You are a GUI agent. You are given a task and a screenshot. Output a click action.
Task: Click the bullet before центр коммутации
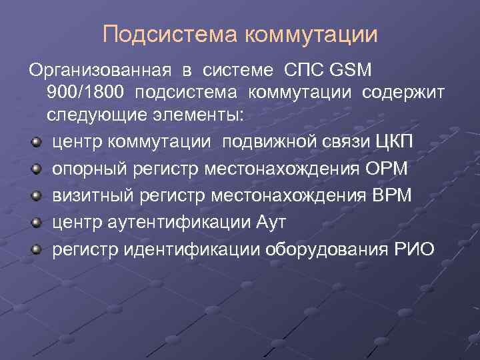tap(35, 142)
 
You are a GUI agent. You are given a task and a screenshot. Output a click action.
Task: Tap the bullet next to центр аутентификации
tap(35, 223)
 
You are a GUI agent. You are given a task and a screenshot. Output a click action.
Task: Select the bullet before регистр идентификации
tap(35, 250)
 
